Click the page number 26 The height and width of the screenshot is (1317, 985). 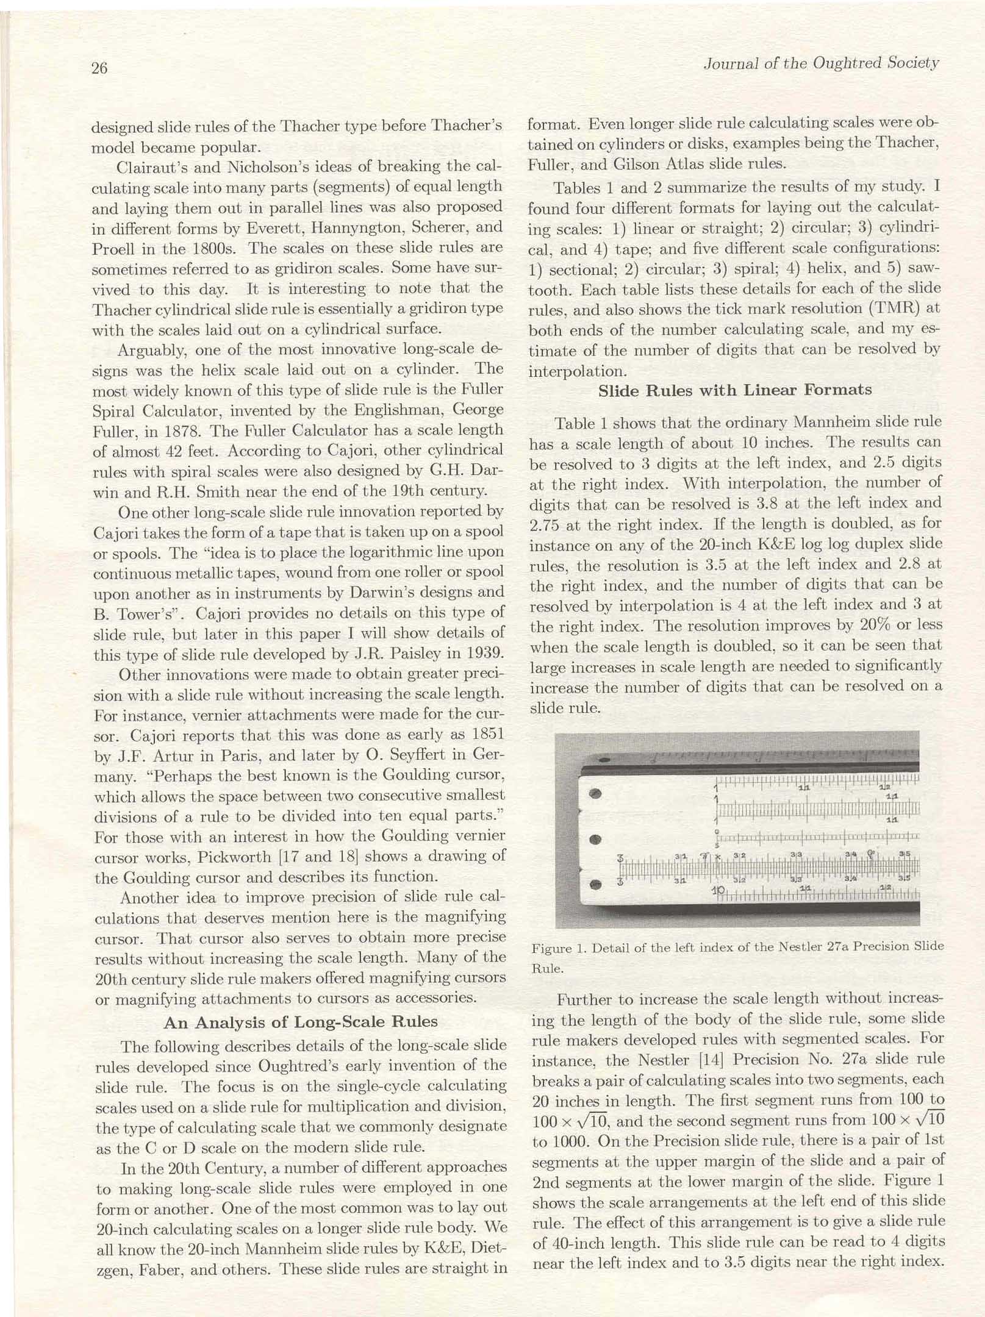point(99,68)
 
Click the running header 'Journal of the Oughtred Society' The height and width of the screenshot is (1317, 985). point(821,63)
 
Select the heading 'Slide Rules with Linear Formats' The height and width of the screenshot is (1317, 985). point(735,390)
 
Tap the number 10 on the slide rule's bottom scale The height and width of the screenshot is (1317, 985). point(718,891)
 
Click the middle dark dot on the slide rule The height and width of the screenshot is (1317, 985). point(597,840)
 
